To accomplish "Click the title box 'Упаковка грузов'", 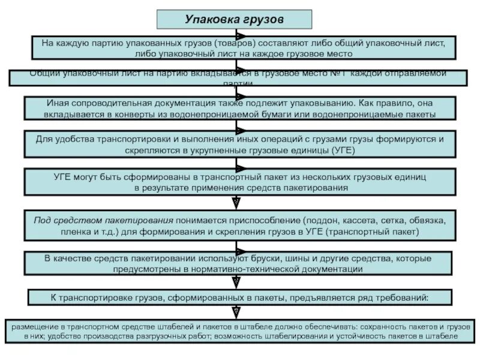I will click(235, 19).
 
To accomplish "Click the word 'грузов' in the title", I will click(263, 19).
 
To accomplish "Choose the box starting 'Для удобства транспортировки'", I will click(240, 145).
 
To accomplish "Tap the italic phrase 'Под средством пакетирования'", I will click(104, 219).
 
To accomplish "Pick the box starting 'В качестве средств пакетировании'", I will click(239, 263).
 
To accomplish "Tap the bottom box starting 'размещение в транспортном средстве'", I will click(239, 331).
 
